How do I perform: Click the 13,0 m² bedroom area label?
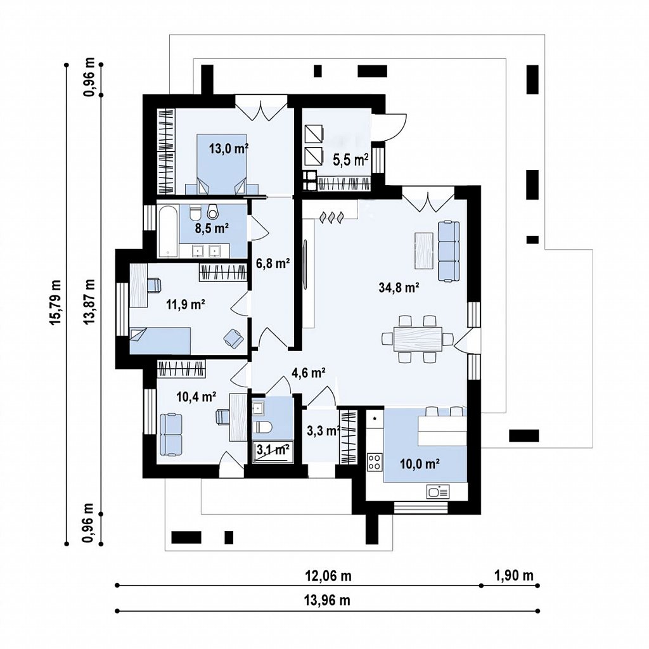(x=229, y=148)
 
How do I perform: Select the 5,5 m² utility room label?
(x=351, y=159)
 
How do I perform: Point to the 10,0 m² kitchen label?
(x=420, y=464)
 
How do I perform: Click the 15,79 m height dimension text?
(x=56, y=303)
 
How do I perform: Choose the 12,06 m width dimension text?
(x=328, y=575)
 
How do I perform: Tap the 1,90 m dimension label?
(x=514, y=575)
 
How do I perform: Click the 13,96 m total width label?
(x=328, y=600)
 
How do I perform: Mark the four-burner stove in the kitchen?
(x=375, y=462)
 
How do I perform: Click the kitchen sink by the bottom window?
(x=438, y=492)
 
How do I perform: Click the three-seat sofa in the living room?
(x=449, y=252)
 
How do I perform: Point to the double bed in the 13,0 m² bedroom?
(x=222, y=164)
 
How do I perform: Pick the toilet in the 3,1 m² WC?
(x=262, y=427)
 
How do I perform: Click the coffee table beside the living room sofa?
(x=424, y=251)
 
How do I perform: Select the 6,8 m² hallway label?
(x=273, y=263)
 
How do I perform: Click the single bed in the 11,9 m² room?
(x=160, y=341)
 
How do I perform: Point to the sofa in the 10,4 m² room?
(x=171, y=435)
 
